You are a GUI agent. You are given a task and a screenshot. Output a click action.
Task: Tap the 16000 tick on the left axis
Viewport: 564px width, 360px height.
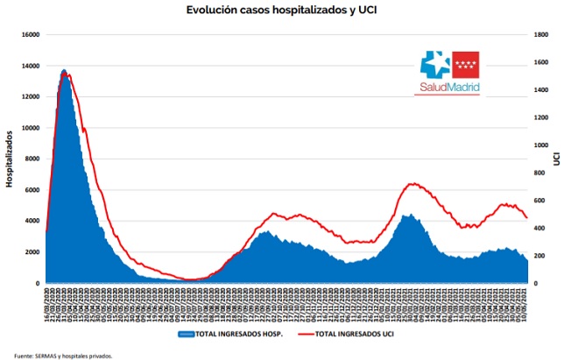[x=30, y=35]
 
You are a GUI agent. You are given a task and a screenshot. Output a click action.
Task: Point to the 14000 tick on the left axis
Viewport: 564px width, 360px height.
[x=30, y=66]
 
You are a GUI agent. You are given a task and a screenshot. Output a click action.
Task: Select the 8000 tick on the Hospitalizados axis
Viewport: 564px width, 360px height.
[x=32, y=159]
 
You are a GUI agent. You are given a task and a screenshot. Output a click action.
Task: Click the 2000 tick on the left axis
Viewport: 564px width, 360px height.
[x=32, y=252]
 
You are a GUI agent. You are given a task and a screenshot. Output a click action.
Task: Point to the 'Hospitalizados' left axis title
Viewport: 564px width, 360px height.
[x=10, y=159]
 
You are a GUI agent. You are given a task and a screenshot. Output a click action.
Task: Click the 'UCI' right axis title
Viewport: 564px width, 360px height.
[x=555, y=159]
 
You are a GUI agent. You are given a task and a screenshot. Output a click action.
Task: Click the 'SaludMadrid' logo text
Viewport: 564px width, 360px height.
[x=448, y=88]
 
